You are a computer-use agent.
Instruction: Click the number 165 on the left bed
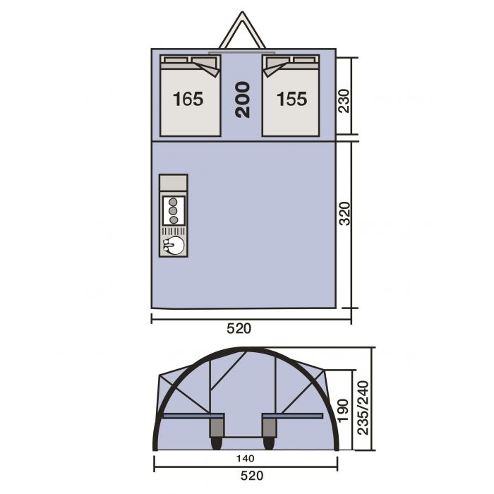[x=188, y=99]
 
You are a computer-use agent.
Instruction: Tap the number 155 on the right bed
[x=291, y=99]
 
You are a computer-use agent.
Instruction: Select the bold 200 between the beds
[x=242, y=100]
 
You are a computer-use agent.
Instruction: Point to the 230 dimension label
[x=344, y=101]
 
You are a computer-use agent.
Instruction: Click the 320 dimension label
[x=344, y=214]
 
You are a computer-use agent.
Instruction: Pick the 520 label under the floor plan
[x=239, y=329]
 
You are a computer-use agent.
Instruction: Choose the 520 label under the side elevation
[x=252, y=476]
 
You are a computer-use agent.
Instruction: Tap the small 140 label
[x=246, y=459]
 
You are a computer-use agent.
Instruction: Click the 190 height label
[x=343, y=410]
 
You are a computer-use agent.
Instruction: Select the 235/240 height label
[x=363, y=408]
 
